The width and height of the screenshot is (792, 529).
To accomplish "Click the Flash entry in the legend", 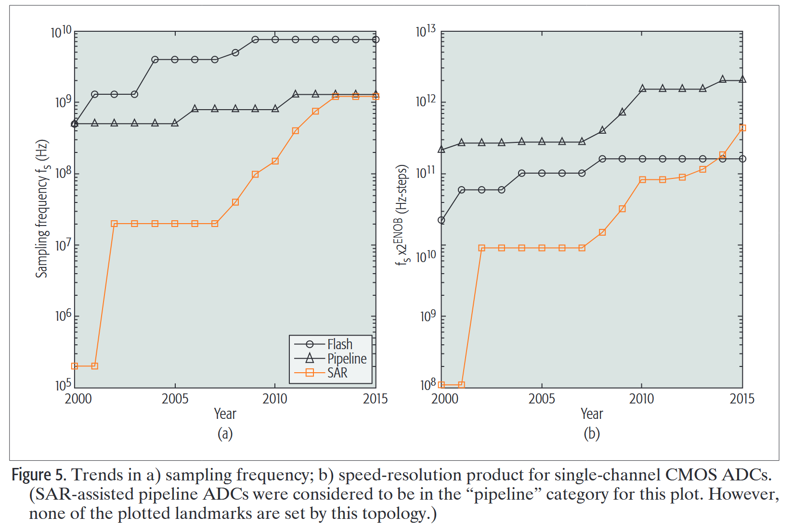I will pyautogui.click(x=339, y=344).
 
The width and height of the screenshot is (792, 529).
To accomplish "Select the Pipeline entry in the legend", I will pyautogui.click(x=347, y=359).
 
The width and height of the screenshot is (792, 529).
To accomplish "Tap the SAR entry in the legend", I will pyautogui.click(x=337, y=373).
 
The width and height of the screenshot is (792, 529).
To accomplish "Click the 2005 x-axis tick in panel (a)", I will pyautogui.click(x=175, y=399).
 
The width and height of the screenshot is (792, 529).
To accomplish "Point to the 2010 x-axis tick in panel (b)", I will pyautogui.click(x=641, y=399).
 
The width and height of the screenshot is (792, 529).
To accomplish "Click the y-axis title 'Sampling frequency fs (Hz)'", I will pyautogui.click(x=42, y=209).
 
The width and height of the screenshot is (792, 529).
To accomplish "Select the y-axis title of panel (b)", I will pyautogui.click(x=402, y=215).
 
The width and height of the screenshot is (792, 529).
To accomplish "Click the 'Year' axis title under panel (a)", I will pyautogui.click(x=225, y=414).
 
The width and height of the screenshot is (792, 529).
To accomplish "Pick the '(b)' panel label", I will pyautogui.click(x=592, y=434).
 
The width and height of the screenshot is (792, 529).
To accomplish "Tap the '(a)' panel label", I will pyautogui.click(x=225, y=434).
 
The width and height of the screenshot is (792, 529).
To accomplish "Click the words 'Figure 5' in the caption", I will pyautogui.click(x=38, y=475).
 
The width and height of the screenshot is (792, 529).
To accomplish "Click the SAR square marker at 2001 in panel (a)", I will pyautogui.click(x=95, y=366).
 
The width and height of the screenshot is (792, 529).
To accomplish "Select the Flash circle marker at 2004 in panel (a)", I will pyautogui.click(x=155, y=60).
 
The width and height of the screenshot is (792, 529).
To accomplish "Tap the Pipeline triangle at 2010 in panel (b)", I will pyautogui.click(x=642, y=88).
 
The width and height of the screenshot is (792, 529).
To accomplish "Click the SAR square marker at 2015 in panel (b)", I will pyautogui.click(x=742, y=128).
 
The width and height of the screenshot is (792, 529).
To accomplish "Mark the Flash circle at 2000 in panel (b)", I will pyautogui.click(x=441, y=220).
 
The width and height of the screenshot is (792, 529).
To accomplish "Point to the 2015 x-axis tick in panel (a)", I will pyautogui.click(x=375, y=399).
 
